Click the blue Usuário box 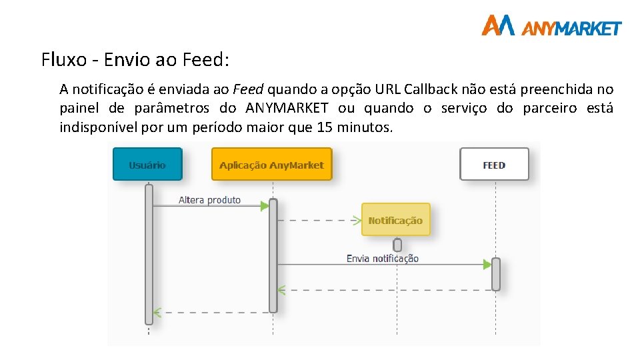[x=147, y=164]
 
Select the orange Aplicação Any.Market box [x=271, y=164]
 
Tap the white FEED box [x=494, y=164]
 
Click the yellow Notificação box [x=395, y=220]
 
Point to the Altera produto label [x=209, y=200]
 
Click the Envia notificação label [x=383, y=259]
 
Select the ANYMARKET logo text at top [x=571, y=28]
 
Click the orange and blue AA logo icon [x=498, y=25]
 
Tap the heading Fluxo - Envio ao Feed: [x=135, y=59]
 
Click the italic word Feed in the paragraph [x=249, y=89]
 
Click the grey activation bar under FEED [x=495, y=273]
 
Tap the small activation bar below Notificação [x=397, y=245]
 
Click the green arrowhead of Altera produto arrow [x=265, y=206]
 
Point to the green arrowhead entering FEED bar [x=487, y=265]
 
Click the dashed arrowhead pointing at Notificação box [x=359, y=219]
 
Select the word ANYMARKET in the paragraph [x=287, y=108]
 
